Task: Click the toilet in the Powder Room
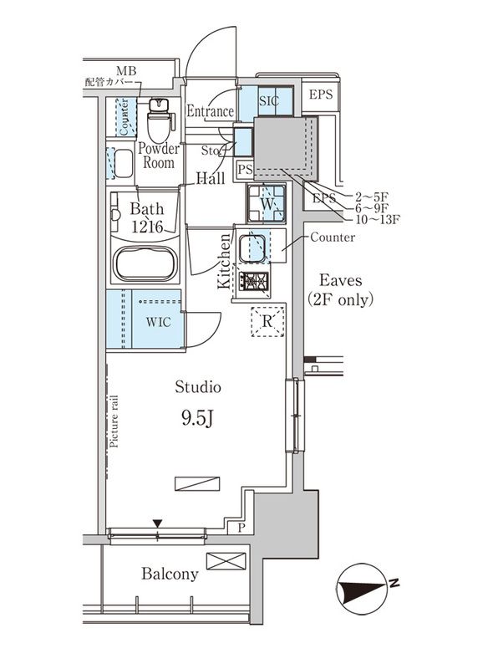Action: coord(159,122)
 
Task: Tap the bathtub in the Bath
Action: coord(145,265)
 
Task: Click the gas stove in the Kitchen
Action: coord(253,282)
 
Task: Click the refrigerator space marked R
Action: coord(267,321)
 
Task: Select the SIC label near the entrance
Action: coord(268,100)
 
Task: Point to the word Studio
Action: coord(198,386)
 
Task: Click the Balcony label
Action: coord(170,574)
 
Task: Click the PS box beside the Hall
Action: coord(244,170)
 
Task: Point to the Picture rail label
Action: coord(114,423)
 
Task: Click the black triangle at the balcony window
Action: coord(156,523)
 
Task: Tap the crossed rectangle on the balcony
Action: coord(226,560)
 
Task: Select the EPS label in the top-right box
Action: coord(322,94)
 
